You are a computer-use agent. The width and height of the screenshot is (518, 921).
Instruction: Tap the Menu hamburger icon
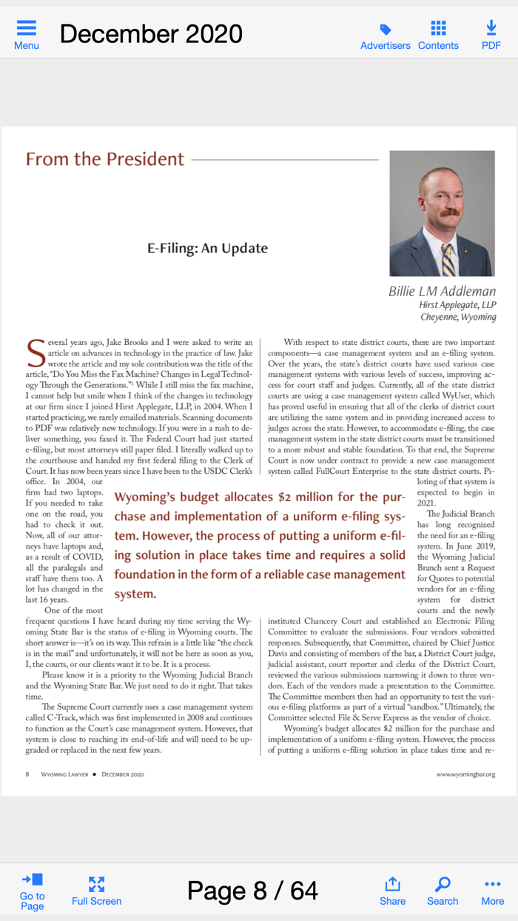pyautogui.click(x=27, y=29)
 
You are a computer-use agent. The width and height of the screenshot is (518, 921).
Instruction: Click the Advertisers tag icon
pyautogui.click(x=385, y=30)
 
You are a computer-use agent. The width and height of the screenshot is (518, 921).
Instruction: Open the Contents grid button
pyautogui.click(x=438, y=29)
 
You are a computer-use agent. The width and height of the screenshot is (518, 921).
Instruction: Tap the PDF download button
pyautogui.click(x=491, y=29)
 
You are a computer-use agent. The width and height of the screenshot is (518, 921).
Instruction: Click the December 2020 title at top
pyautogui.click(x=151, y=34)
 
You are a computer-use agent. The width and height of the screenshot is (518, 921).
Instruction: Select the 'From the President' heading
pyautogui.click(x=105, y=159)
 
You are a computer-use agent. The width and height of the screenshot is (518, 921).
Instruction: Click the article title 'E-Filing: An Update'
pyautogui.click(x=207, y=248)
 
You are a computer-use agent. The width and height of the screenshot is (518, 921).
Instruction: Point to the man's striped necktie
pyautogui.click(x=448, y=258)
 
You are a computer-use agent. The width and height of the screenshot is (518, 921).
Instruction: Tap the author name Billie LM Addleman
pyautogui.click(x=442, y=291)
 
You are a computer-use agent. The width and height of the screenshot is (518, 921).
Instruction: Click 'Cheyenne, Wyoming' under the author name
pyautogui.click(x=458, y=317)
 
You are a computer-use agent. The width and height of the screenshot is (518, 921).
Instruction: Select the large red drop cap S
pyautogui.click(x=35, y=354)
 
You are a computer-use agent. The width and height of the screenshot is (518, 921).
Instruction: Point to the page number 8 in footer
pyautogui.click(x=27, y=774)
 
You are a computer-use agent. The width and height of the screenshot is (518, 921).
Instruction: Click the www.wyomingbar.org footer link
pyautogui.click(x=465, y=774)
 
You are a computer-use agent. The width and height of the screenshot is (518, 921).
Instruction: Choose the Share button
pyautogui.click(x=392, y=891)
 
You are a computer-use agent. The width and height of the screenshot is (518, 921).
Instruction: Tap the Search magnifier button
pyautogui.click(x=443, y=891)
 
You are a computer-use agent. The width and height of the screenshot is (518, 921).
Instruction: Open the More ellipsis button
pyautogui.click(x=492, y=891)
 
